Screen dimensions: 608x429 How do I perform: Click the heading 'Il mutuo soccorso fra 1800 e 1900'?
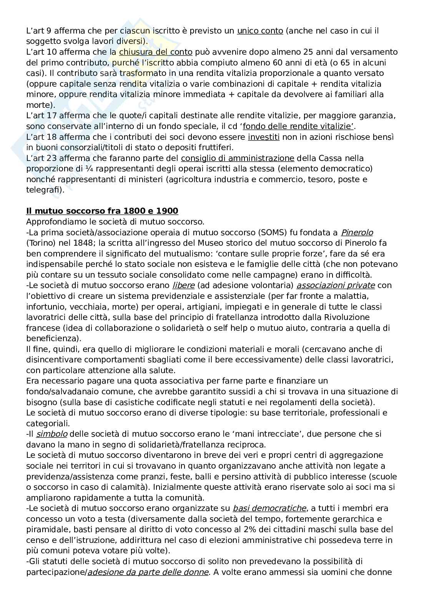click(102, 211)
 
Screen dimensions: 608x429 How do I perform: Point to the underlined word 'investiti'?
click(263, 137)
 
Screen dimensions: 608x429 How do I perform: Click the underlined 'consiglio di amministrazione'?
click(238, 158)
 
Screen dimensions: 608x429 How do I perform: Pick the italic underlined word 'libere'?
click(183, 285)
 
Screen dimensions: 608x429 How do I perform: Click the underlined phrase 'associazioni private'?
click(336, 285)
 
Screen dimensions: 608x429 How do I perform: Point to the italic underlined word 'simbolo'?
click(52, 434)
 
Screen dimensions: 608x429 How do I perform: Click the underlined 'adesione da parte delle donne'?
click(148, 572)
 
